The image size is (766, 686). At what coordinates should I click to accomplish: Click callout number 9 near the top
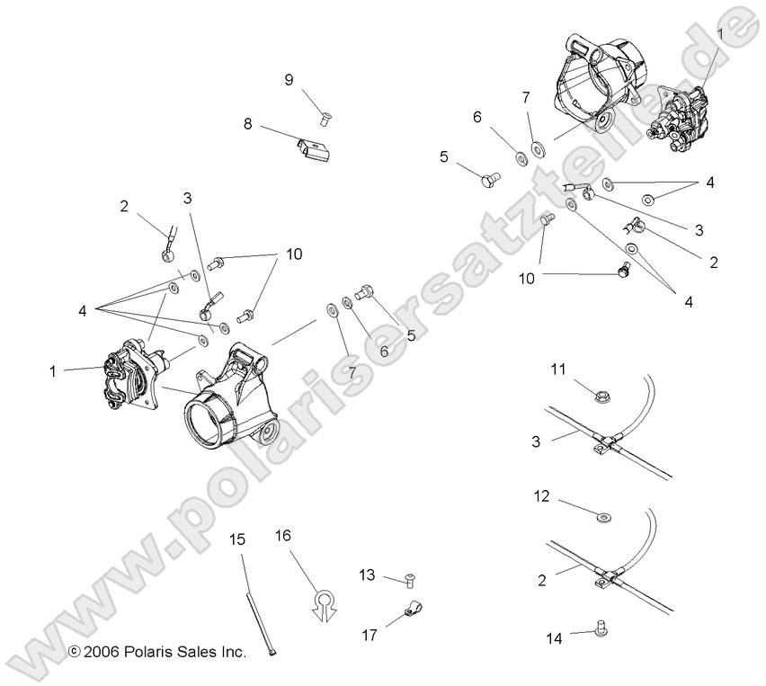[x=289, y=80]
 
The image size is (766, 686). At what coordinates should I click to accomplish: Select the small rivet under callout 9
[x=322, y=115]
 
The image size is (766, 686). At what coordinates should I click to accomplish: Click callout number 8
[x=247, y=124]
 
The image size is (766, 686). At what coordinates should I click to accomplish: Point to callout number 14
[x=556, y=637]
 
